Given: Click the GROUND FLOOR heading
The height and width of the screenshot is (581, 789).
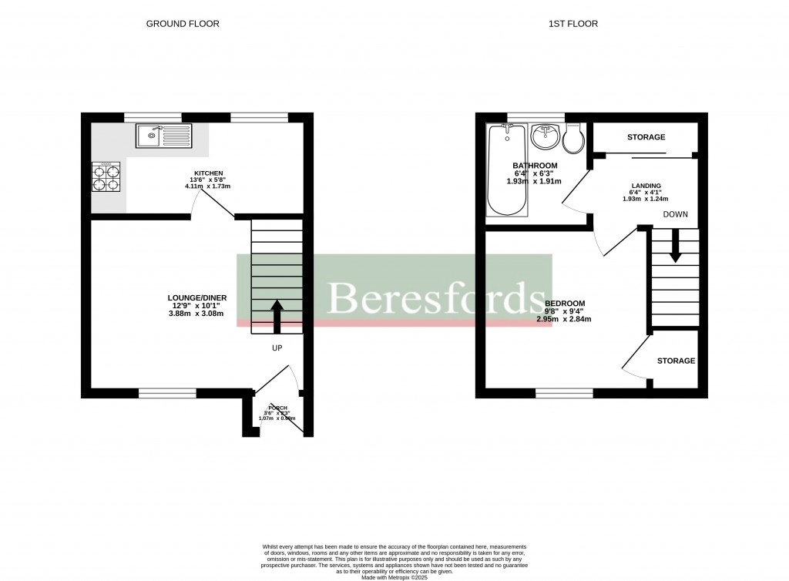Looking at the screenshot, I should (183, 24).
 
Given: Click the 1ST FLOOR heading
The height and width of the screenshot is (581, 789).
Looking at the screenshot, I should (572, 24).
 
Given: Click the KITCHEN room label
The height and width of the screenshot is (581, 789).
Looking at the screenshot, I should (208, 173).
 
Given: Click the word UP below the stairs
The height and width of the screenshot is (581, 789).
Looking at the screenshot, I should (277, 348).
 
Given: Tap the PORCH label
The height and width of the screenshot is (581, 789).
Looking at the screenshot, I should (277, 408).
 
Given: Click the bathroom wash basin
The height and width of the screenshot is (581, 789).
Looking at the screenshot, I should (548, 138).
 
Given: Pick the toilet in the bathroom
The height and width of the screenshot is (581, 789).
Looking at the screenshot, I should (574, 140).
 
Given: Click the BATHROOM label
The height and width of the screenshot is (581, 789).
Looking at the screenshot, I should (535, 166).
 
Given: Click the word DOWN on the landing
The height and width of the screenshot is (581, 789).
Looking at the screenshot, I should (675, 214).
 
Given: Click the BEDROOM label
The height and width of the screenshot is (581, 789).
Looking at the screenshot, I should (564, 303).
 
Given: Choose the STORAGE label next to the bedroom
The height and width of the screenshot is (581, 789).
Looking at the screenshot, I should (676, 361).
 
